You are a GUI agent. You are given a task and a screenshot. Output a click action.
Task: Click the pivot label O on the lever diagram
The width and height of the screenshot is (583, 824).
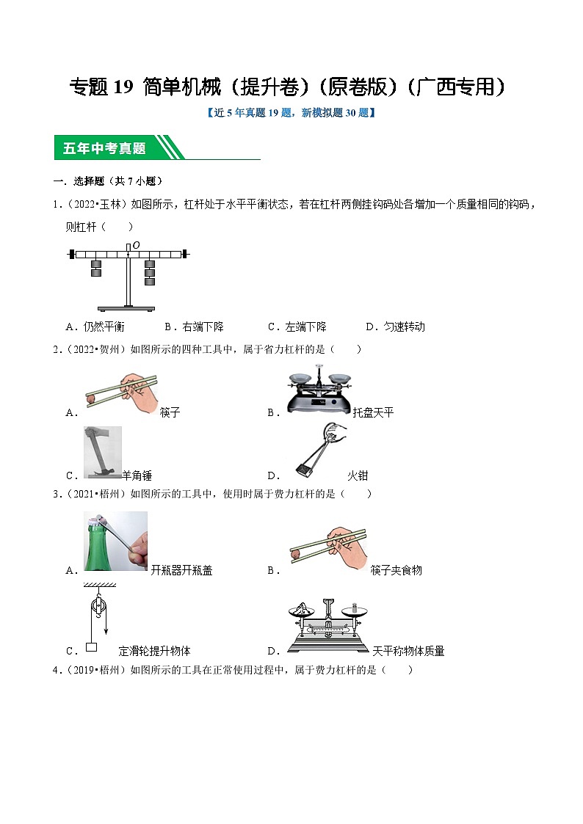[x=137, y=245]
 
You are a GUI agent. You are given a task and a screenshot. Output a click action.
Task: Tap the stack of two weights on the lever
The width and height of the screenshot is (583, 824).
[x=95, y=268]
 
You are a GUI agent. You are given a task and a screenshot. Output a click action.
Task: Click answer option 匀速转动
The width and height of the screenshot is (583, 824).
[x=404, y=327]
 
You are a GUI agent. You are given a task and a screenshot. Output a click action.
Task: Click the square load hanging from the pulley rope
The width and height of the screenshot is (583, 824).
[x=92, y=647]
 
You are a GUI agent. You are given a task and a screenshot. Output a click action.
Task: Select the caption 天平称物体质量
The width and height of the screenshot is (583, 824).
[x=408, y=651]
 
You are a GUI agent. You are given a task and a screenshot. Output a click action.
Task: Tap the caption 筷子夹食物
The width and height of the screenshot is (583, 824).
[x=396, y=571]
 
